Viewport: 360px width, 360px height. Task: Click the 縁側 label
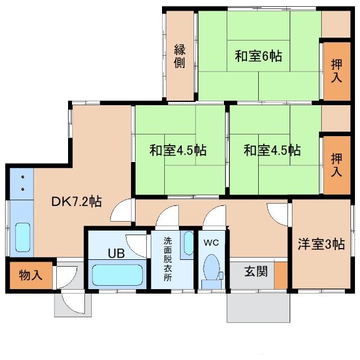[x=179, y=56]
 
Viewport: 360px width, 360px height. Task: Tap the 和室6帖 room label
[x=258, y=56]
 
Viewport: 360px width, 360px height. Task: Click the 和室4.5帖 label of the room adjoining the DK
[x=177, y=151]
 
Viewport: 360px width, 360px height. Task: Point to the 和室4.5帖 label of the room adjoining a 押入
[x=272, y=151]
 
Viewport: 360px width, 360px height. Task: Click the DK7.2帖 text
[x=76, y=201]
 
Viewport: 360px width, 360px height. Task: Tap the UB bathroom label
[x=116, y=253]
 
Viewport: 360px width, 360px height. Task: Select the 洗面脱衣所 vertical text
[x=168, y=259]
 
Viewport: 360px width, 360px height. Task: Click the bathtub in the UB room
[x=118, y=275]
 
